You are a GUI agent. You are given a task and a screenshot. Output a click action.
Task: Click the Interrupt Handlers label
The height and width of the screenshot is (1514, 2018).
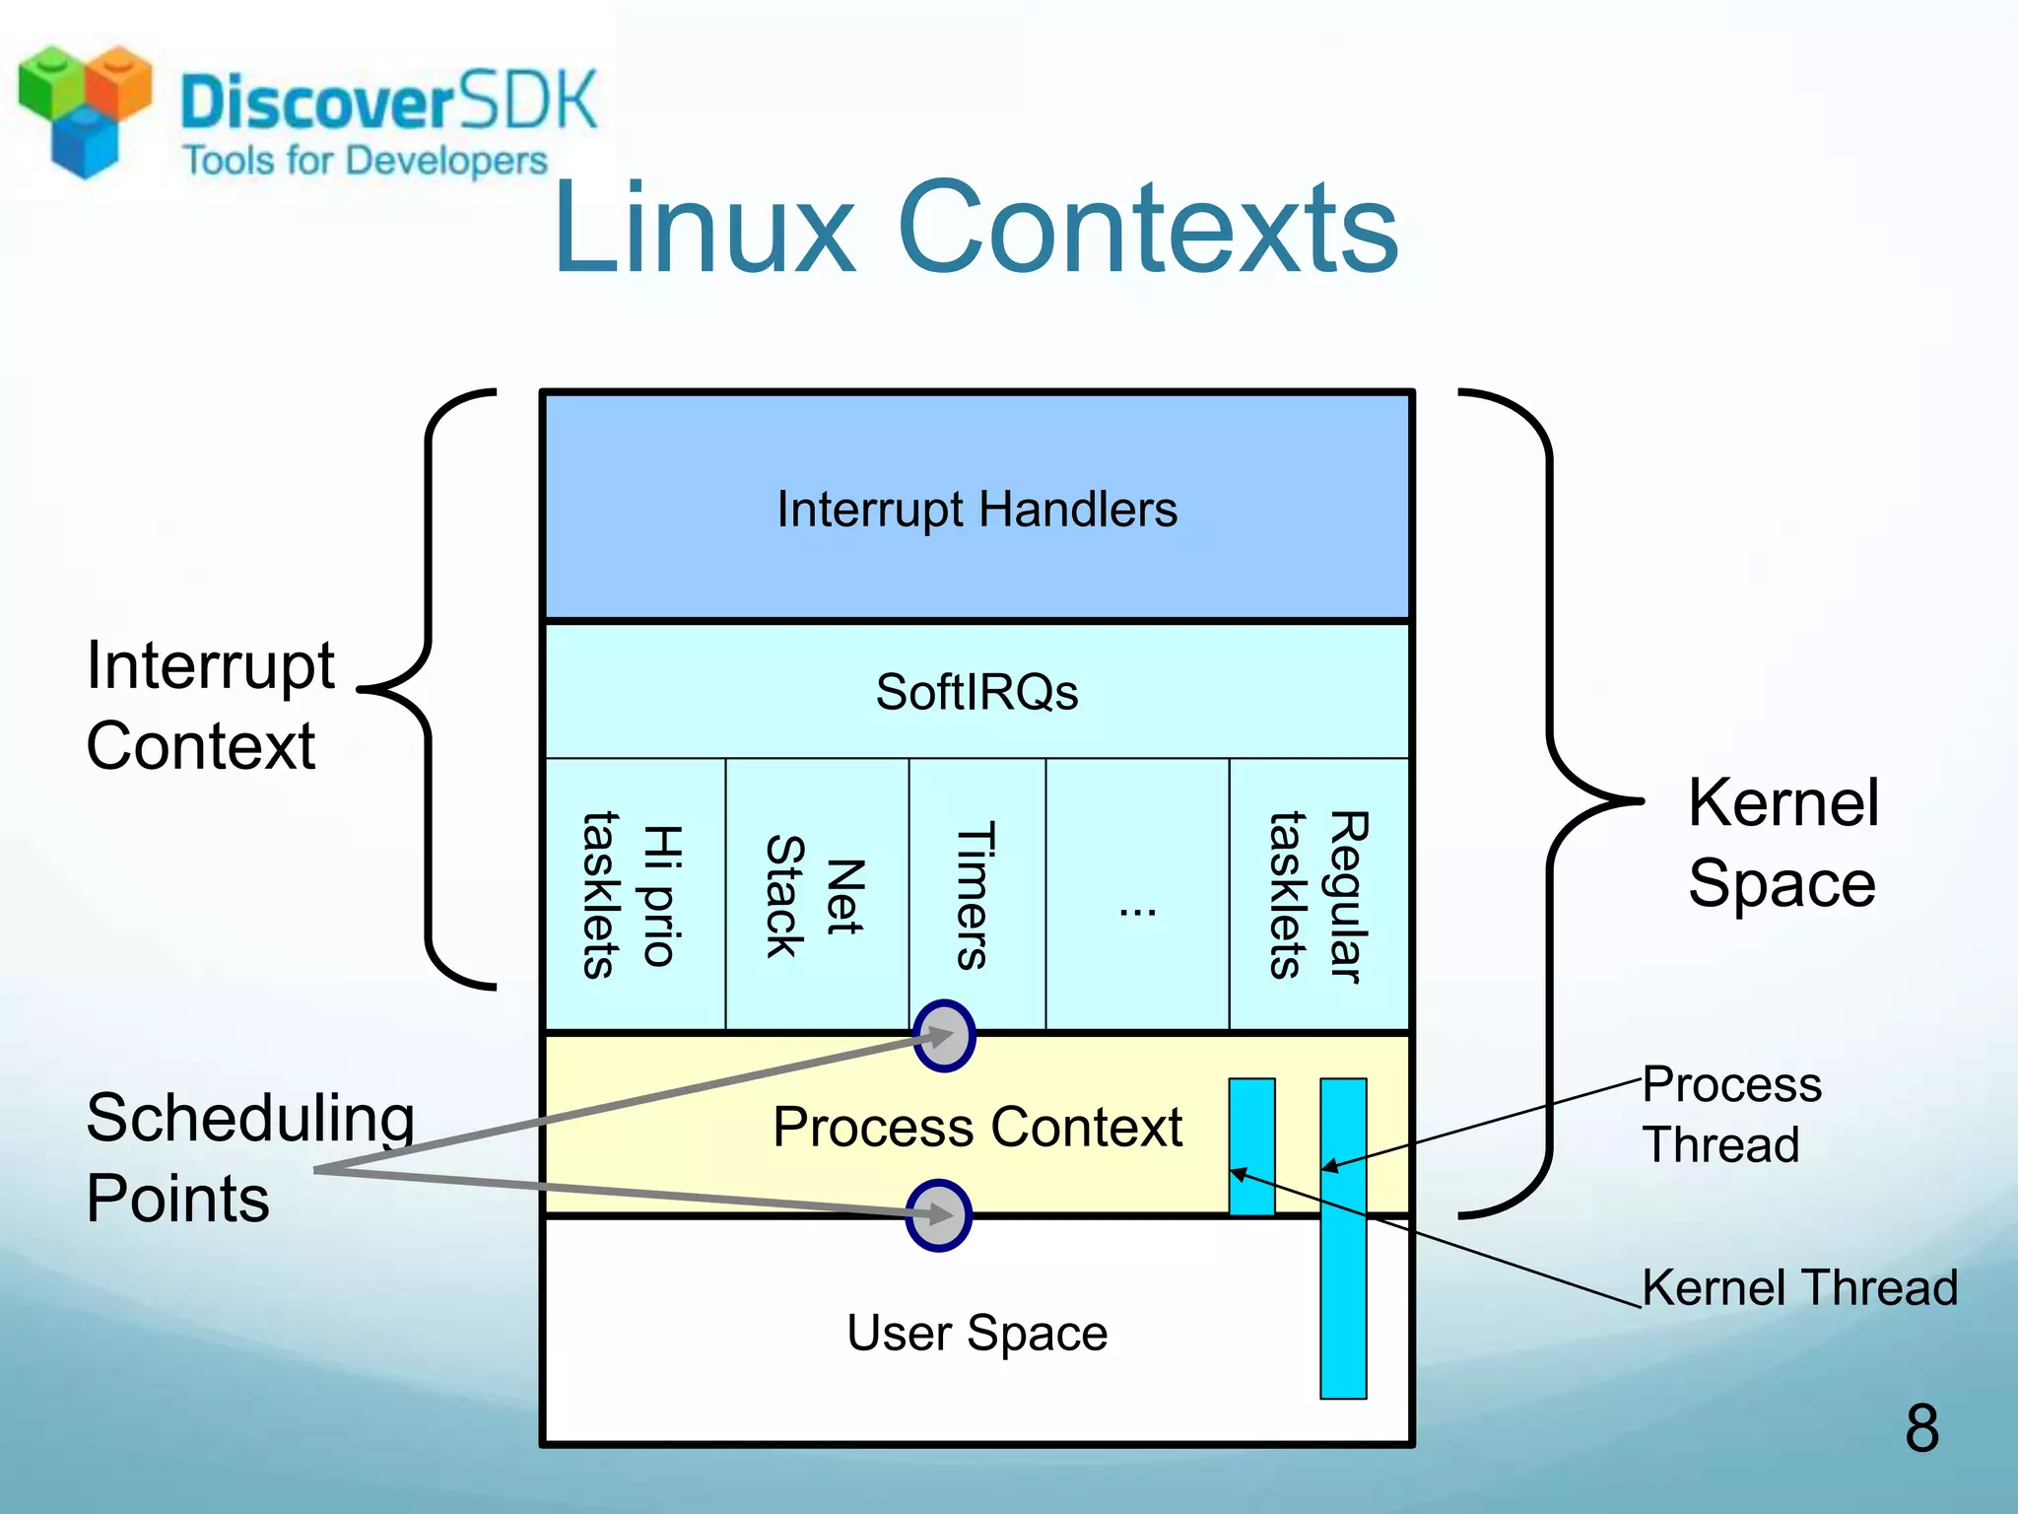[976, 510]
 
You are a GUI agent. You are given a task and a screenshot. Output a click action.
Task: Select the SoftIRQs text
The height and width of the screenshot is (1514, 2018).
[976, 692]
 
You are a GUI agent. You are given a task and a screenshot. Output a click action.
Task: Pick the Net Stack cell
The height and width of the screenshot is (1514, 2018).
[816, 895]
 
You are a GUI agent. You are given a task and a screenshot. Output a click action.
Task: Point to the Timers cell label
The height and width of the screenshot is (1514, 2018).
[975, 895]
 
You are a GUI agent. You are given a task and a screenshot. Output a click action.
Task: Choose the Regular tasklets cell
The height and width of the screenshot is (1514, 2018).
[1318, 895]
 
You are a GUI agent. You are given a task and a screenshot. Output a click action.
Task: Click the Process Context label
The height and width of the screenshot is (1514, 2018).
[976, 1127]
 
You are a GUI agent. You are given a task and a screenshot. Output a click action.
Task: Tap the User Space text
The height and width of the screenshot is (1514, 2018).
[976, 1333]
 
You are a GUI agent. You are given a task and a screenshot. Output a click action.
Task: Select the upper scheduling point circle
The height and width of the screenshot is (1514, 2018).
[944, 1036]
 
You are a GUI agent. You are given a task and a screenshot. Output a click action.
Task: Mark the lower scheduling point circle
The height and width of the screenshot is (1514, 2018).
[939, 1215]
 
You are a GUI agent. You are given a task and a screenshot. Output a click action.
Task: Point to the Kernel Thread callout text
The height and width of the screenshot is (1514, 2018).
[1799, 1287]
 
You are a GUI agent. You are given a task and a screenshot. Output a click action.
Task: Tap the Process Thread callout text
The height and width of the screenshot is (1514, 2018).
[1731, 1115]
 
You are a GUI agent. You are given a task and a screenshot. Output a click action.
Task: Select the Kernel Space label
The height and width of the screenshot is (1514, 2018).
[1783, 843]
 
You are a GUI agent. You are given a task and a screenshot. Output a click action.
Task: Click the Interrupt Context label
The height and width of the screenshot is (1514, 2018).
[209, 705]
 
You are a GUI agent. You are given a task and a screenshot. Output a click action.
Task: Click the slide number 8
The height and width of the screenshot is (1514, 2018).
[1921, 1428]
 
